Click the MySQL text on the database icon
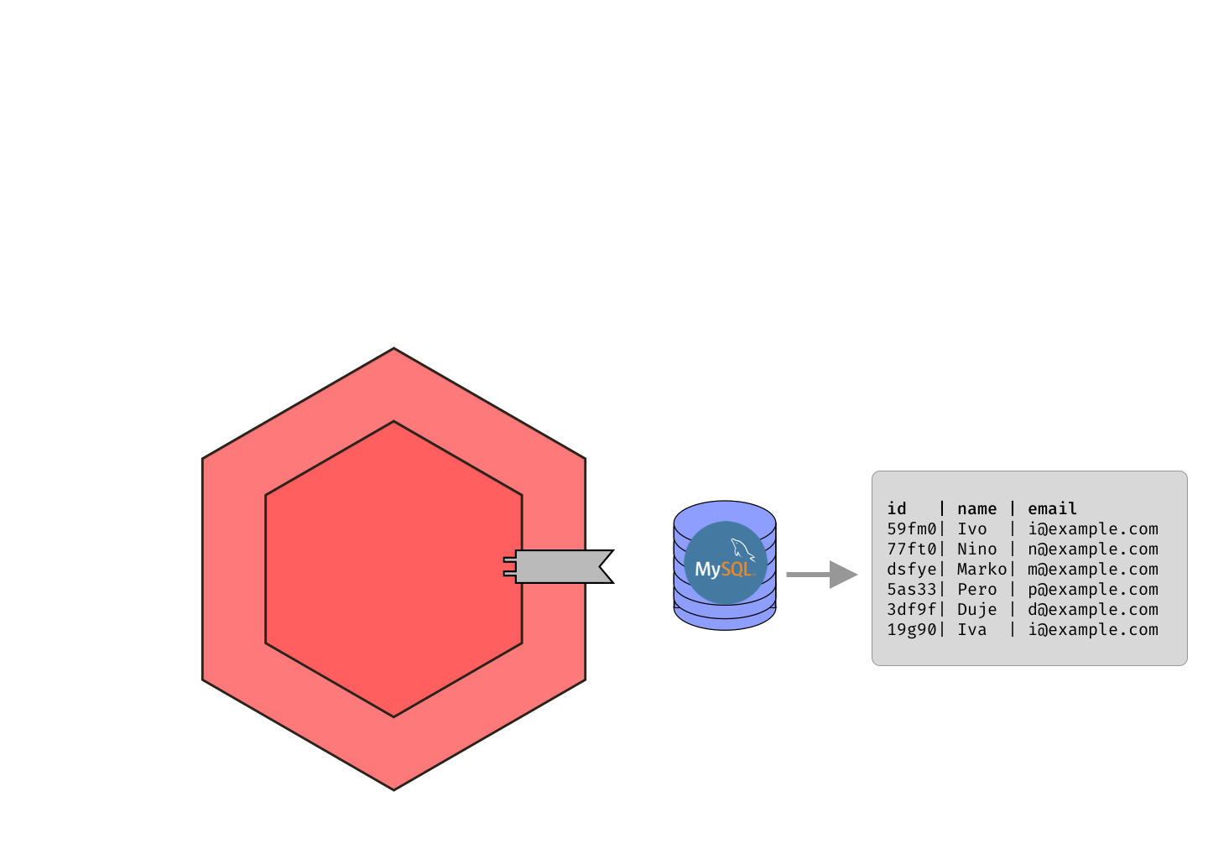coord(723,570)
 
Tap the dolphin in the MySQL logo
coord(742,549)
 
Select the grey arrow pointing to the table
coord(821,575)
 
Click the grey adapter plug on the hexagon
coord(558,566)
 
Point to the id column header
coord(897,509)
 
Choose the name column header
coord(976,509)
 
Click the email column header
coord(1052,509)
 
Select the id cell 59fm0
coord(911,529)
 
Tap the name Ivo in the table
coord(972,529)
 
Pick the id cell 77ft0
coord(911,549)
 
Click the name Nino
coord(976,549)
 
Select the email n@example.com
coord(1093,549)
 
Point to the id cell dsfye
coord(911,570)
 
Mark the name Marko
coord(981,570)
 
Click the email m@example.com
coord(1093,570)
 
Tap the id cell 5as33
coord(911,590)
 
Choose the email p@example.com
coord(1093,590)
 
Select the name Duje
coord(976,610)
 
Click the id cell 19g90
coord(911,630)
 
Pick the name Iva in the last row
coord(972,630)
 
